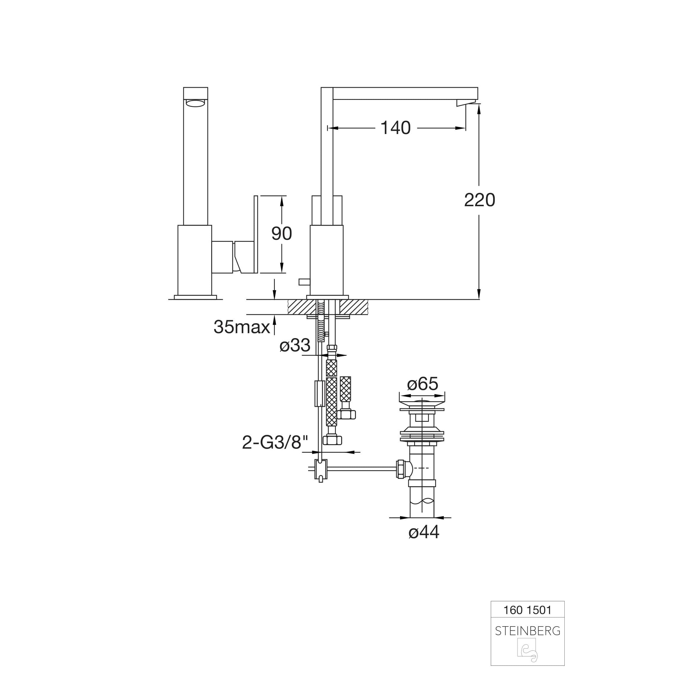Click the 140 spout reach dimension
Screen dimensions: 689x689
[x=396, y=128]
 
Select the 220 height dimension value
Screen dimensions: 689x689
[x=479, y=200]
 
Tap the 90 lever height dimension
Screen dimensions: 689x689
[x=281, y=234]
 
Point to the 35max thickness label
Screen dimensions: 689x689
[x=242, y=327]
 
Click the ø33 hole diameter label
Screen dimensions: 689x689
[x=295, y=345]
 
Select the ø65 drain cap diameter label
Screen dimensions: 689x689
[x=423, y=384]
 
